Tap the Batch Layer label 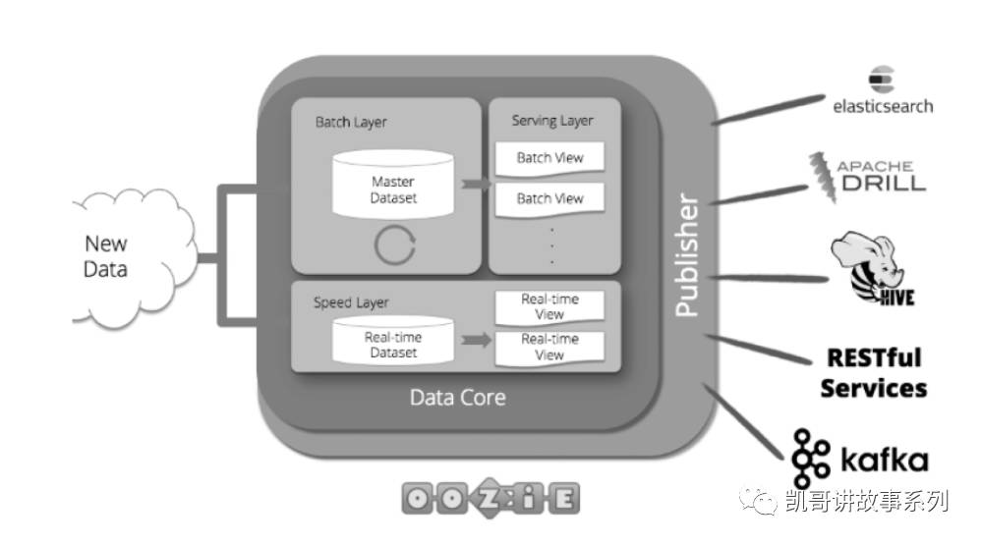[351, 123]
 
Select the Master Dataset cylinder [393, 186]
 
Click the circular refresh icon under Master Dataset [395, 245]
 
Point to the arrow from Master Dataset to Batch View [475, 185]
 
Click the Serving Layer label [552, 121]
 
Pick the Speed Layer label [351, 302]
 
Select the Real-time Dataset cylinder [393, 344]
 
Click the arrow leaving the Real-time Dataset [476, 341]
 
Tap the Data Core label [457, 398]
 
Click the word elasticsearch [882, 105]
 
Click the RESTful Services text [873, 373]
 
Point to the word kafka [884, 460]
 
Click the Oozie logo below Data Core [490, 498]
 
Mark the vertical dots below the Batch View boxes [551, 245]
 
